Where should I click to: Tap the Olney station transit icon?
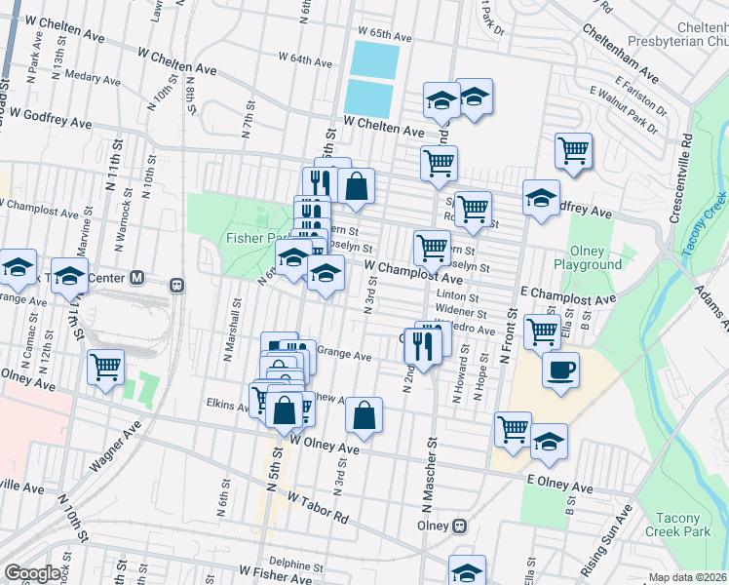point(459,526)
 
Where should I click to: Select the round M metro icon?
point(137,278)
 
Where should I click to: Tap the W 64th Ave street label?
point(305,59)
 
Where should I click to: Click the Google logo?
point(32,573)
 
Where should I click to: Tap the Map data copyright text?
point(688,577)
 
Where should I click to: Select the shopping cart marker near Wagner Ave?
point(105,368)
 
